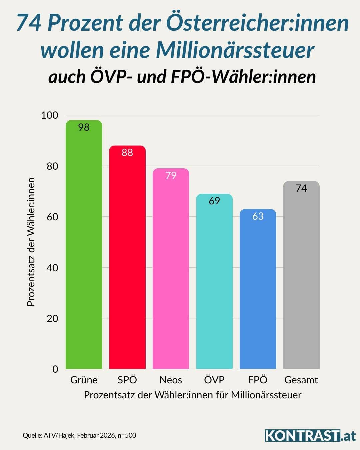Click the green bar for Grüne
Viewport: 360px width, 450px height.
[x=84, y=247]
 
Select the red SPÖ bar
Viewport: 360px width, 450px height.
[x=127, y=260]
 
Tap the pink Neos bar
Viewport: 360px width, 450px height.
[x=171, y=270]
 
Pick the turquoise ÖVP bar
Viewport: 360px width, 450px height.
[x=214, y=283]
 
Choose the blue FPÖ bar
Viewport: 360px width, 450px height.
[x=258, y=290]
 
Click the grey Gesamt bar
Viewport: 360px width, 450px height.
[x=301, y=277]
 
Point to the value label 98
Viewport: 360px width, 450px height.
[x=84, y=127]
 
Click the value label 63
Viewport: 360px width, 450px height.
[x=258, y=216]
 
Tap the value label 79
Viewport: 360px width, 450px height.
[x=171, y=175]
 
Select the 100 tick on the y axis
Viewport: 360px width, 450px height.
[x=49, y=115]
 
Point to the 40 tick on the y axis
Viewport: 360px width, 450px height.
[x=52, y=268]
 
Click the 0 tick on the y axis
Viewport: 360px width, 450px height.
[x=55, y=369]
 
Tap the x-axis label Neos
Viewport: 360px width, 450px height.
[x=171, y=380]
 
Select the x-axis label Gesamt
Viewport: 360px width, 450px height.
[x=301, y=380]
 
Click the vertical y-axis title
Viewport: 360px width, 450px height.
[x=31, y=242]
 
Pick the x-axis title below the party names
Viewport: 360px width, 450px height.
[x=193, y=395]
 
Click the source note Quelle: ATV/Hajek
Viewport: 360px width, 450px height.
[x=79, y=435]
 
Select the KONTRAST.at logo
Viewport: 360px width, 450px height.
[x=310, y=435]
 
